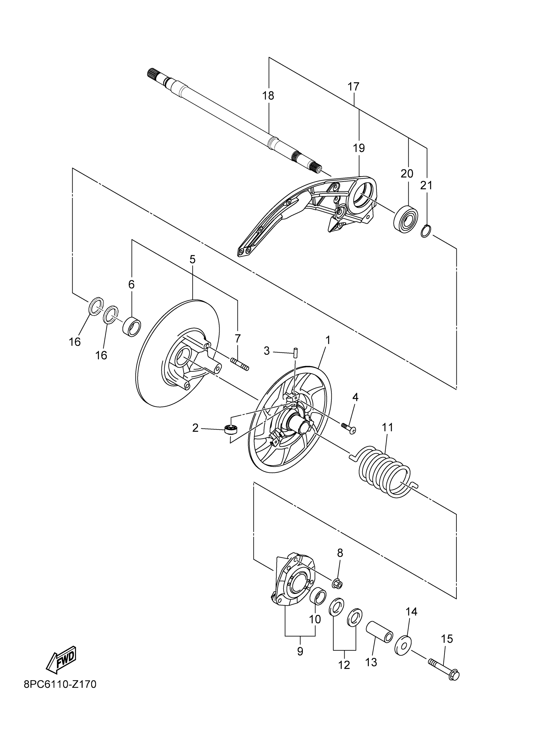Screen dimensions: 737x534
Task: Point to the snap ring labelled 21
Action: [426, 231]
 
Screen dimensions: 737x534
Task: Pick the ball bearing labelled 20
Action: [406, 218]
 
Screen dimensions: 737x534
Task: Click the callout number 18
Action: [269, 95]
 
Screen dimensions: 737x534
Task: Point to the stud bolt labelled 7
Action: [240, 364]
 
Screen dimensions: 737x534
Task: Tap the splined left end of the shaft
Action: [153, 73]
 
